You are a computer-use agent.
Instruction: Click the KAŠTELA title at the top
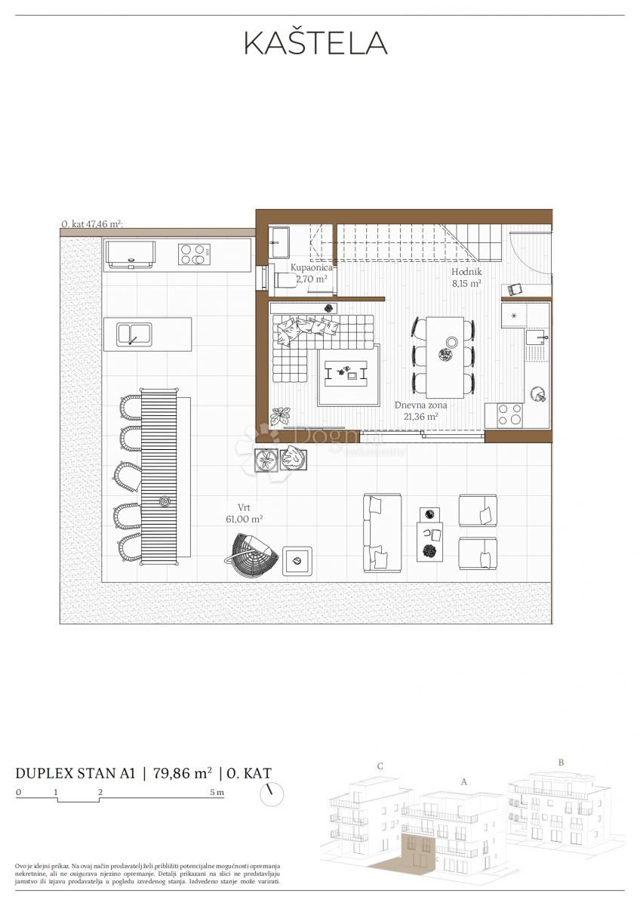pyautogui.click(x=315, y=44)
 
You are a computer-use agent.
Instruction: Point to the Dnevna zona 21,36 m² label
pyautogui.click(x=420, y=411)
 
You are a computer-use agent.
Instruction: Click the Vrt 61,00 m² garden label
pyautogui.click(x=243, y=514)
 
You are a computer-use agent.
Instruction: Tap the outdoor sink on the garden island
pyautogui.click(x=134, y=334)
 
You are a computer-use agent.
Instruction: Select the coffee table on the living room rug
pyautogui.click(x=346, y=371)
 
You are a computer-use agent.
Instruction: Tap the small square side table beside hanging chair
pyautogui.click(x=297, y=561)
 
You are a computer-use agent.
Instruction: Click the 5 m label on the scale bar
pyautogui.click(x=217, y=793)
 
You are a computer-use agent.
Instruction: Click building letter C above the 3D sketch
pyautogui.click(x=380, y=766)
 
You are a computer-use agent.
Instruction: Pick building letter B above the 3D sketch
pyautogui.click(x=561, y=762)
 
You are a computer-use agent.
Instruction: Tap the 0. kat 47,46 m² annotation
pyautogui.click(x=91, y=224)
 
